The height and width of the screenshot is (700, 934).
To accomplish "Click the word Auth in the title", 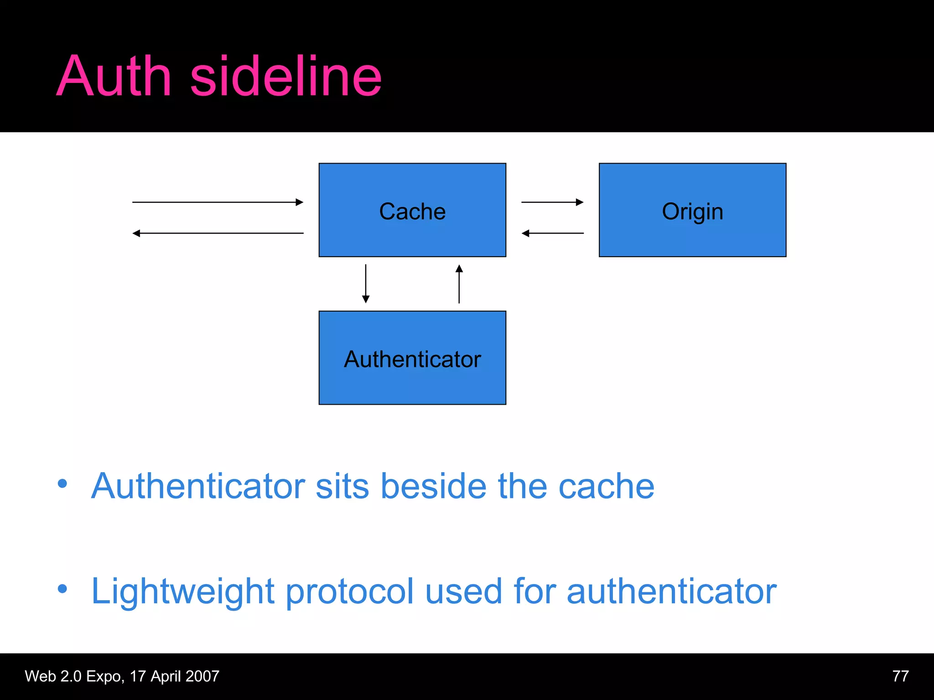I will (114, 77).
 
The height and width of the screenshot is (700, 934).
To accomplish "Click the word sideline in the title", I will (285, 77).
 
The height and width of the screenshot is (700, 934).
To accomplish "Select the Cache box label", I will (412, 211).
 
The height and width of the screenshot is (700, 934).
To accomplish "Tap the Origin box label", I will (692, 211).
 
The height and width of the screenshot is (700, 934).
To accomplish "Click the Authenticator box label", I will (412, 359).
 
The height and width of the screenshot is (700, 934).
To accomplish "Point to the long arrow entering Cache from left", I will (218, 202).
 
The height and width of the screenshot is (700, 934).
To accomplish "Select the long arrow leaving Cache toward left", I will (218, 233).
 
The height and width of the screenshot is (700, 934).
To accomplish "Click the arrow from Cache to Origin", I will (552, 202).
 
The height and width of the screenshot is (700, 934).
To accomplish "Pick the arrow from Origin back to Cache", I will (552, 233).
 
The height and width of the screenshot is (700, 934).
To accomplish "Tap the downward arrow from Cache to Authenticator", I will (366, 283).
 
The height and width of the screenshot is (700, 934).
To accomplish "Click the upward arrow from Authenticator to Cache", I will (459, 283).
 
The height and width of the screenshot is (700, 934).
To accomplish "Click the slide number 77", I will (900, 676).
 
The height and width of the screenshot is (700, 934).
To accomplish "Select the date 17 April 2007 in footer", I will (175, 676).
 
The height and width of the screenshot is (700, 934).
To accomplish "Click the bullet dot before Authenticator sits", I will (62, 484).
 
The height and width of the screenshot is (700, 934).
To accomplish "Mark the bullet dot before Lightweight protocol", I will (62, 589).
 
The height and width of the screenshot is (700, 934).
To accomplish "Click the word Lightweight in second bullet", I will (182, 592).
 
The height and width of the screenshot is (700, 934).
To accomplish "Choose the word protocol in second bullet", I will (349, 592).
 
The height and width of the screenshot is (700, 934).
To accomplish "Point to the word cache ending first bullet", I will (606, 486).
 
